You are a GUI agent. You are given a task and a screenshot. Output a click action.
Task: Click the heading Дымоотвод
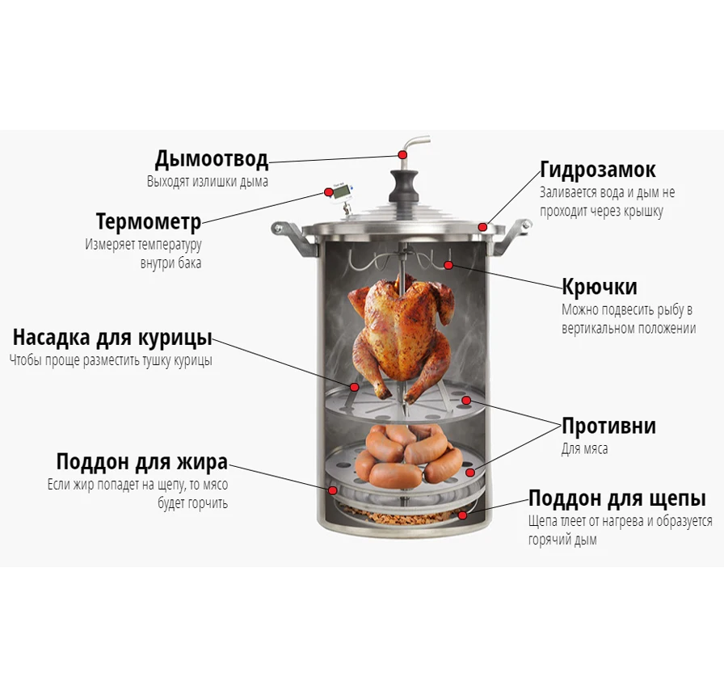pos(212,159)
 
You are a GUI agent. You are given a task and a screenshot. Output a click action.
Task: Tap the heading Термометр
pos(149,221)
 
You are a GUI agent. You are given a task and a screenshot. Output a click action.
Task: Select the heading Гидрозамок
pos(597,170)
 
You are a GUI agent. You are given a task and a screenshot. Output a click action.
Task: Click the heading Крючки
pos(600,287)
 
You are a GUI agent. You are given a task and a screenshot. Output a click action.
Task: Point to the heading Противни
pos(608,426)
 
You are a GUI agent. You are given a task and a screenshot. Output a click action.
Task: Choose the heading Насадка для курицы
pos(112,338)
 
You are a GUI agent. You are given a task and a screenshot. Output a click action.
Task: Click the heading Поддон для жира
pos(142,462)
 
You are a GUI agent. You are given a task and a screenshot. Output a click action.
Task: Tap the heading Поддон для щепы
pos(617,498)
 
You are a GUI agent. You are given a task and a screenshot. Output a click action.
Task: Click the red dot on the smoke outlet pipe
pos(403,154)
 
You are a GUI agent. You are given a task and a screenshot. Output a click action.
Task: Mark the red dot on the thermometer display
pos(328,191)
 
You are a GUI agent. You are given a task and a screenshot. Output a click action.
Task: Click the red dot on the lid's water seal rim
pos(482,227)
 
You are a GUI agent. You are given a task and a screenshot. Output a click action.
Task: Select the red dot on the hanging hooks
pos(448,265)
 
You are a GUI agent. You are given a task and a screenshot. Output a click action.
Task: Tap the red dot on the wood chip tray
pos(463,515)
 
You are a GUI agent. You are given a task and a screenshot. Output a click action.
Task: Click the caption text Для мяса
pos(584,448)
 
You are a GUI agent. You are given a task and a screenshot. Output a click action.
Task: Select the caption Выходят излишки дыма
pos(208,182)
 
